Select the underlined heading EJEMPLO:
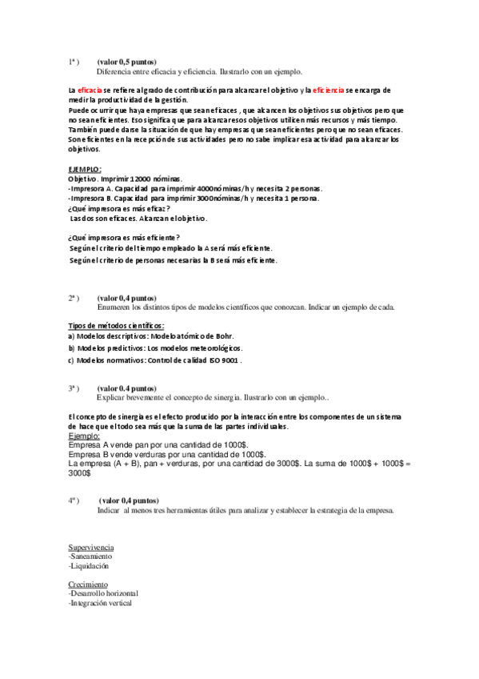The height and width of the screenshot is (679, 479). coord(85,169)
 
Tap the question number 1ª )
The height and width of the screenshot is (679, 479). coord(74,62)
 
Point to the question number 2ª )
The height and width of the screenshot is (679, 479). coord(74,297)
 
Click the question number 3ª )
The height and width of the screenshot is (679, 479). coord(74,388)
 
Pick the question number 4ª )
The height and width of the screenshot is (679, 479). coord(74,500)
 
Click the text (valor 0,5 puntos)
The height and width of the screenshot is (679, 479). coord(126,62)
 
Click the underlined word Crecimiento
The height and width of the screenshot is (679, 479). coord(88,585)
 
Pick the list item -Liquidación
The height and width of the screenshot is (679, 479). coord(89,565)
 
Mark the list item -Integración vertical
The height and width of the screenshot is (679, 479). coord(101,603)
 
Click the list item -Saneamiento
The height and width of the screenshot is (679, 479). coord(90,556)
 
